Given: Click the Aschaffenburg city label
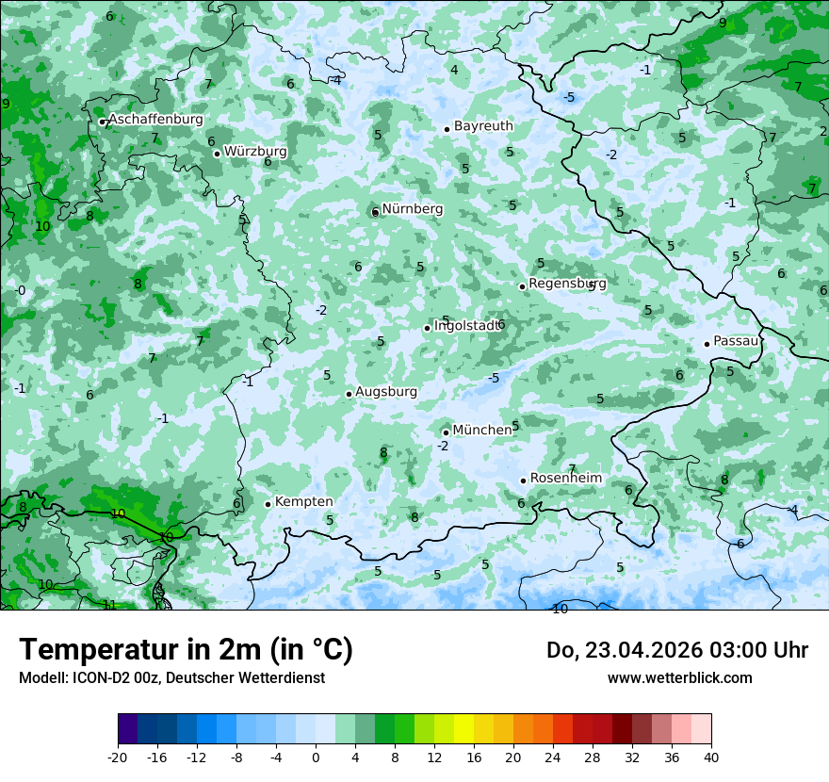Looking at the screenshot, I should click(x=155, y=120).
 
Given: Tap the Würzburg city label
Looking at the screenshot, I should click(x=255, y=151).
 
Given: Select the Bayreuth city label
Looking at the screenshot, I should click(x=483, y=125).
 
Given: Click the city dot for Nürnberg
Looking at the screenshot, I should click(x=375, y=212).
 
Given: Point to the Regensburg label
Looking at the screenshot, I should click(x=567, y=283).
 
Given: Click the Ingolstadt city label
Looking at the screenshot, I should click(x=466, y=326).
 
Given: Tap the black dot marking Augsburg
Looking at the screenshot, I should click(x=349, y=394).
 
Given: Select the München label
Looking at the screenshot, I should click(x=482, y=430).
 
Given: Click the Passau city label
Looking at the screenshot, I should click(x=736, y=341).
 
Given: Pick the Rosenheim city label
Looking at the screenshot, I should click(x=566, y=478).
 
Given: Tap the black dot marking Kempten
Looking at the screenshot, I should click(x=268, y=504).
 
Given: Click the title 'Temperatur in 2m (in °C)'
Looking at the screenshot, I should click(x=186, y=649).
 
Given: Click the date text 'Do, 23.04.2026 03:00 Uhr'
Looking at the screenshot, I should click(x=676, y=650).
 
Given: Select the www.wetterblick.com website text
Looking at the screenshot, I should click(x=679, y=677).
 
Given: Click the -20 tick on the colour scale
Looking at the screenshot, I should click(x=118, y=757).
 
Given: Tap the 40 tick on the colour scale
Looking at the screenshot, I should click(x=710, y=757).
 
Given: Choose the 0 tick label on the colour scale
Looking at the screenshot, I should click(x=316, y=757).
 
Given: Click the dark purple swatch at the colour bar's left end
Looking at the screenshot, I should click(x=127, y=729).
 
